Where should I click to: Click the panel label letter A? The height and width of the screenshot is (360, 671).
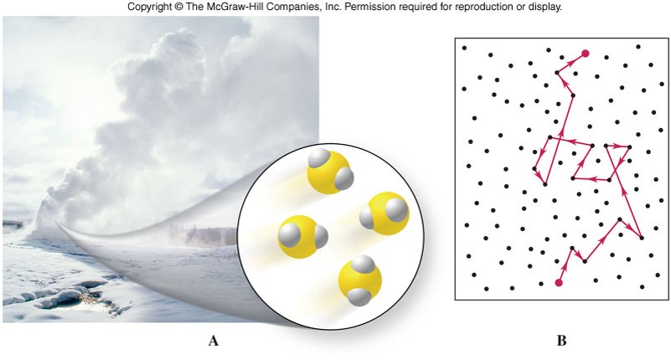(213, 341)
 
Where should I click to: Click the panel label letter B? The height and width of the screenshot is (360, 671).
(561, 341)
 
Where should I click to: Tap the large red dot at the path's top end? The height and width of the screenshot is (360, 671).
(585, 54)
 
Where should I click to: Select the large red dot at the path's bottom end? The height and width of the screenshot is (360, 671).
(559, 283)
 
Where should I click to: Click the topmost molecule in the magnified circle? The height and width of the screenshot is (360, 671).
(330, 171)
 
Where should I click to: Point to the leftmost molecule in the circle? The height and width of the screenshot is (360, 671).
(302, 236)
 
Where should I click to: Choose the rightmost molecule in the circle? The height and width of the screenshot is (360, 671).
(385, 213)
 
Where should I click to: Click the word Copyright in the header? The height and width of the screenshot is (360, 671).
(147, 7)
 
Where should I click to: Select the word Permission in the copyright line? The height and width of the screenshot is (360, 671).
(366, 7)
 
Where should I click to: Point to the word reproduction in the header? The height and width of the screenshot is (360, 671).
(486, 7)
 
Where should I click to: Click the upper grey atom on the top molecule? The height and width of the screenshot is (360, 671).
(317, 158)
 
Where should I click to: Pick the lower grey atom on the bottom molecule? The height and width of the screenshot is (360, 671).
(359, 296)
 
